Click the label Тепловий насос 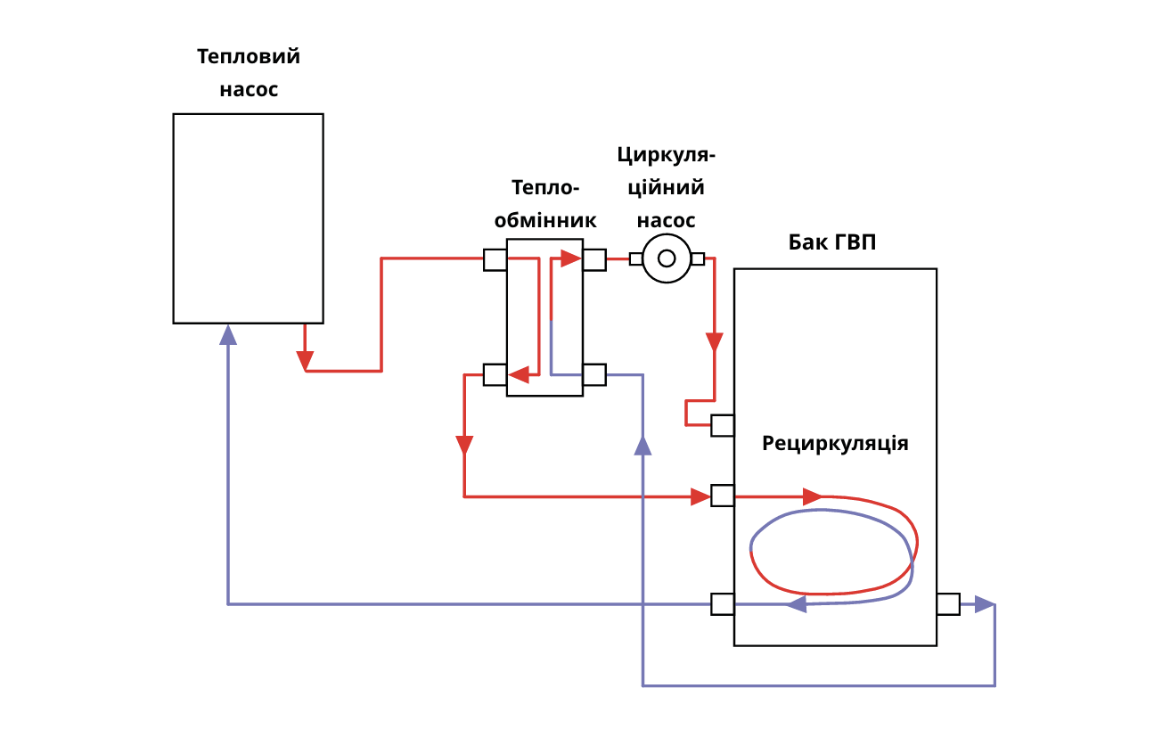[x=249, y=73]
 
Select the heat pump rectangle [x=248, y=217]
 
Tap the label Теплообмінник [x=545, y=203]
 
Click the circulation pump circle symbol [x=667, y=258]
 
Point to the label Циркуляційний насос [x=667, y=187]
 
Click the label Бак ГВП [x=832, y=242]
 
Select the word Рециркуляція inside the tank [x=835, y=443]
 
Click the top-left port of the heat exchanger [x=495, y=259]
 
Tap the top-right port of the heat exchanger [x=594, y=259]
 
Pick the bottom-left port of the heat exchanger [x=495, y=374]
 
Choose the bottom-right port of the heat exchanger [x=594, y=374]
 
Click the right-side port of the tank [x=948, y=603]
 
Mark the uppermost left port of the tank [x=723, y=425]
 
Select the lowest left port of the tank [x=723, y=603]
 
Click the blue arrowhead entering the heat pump [x=228, y=335]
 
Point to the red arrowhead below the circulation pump [x=715, y=342]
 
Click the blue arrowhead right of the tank [x=984, y=603]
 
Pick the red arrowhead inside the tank [x=812, y=496]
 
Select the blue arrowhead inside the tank [x=797, y=604]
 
